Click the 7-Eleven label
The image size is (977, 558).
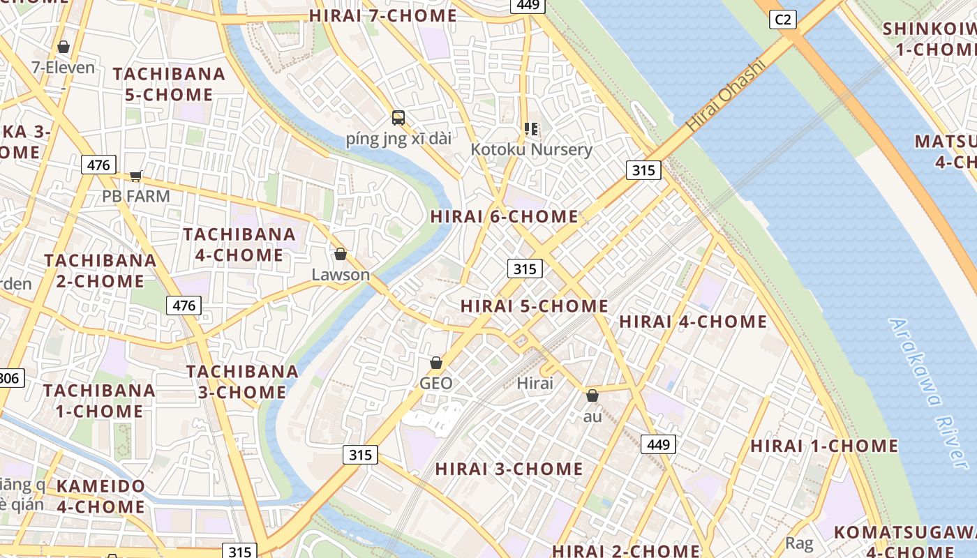pos(63,68)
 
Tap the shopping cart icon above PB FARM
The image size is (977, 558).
pos(136,175)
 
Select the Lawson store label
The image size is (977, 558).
pos(341,274)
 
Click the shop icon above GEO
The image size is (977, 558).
pos(436,363)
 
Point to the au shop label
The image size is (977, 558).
pos(592,416)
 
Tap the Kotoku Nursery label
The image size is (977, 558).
pos(531,149)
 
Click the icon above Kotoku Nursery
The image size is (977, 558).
pos(531,129)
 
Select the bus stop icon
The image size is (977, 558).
pos(398,118)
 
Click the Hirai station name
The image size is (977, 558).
pos(535,383)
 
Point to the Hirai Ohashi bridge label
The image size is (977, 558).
pos(726,96)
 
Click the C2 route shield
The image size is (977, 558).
pos(783,20)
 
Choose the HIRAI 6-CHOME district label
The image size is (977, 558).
pos(504,216)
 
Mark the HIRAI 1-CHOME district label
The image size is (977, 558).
pos(824,446)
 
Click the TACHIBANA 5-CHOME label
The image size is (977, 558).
pos(169,84)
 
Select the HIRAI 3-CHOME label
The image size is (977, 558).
pos(509,469)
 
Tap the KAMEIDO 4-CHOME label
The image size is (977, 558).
pos(100,496)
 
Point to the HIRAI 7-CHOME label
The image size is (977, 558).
pos(382,15)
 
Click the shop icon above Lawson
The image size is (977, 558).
pos(341,254)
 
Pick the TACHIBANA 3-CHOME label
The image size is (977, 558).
pos(242,382)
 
